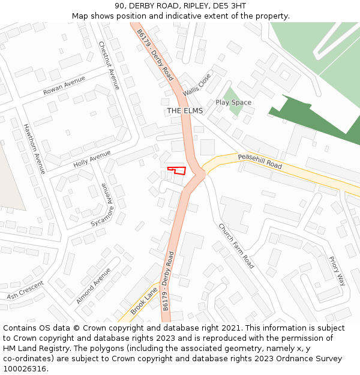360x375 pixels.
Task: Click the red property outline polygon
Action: (177, 170)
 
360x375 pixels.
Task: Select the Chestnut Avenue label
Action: (109, 65)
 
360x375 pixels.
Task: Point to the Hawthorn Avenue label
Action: (34, 148)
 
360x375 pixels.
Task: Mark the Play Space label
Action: (233, 103)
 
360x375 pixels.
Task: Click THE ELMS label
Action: (185, 111)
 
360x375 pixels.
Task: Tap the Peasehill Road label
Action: (260, 160)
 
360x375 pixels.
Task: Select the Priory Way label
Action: (337, 271)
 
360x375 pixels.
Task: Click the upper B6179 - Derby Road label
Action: (155, 55)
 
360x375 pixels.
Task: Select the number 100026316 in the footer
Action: (26, 368)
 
